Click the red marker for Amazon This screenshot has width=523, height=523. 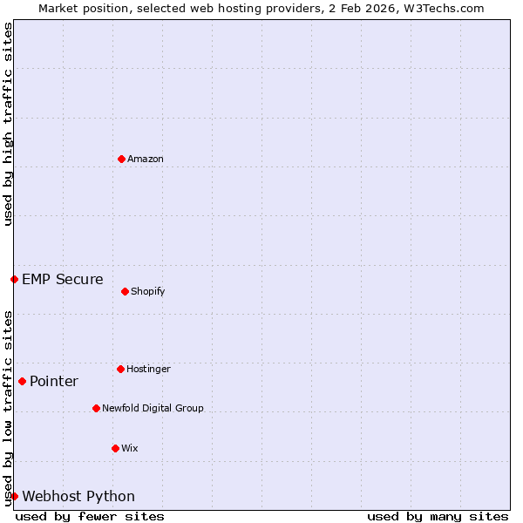pos(121,159)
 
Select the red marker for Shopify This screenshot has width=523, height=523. pos(125,291)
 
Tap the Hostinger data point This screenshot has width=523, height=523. pos(120,369)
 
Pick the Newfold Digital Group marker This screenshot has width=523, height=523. pos(96,408)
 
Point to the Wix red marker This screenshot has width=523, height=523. pos(115,448)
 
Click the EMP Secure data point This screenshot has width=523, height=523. pos(14,279)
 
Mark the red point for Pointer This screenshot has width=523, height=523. pos(22,381)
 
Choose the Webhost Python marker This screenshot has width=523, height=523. pos(14,496)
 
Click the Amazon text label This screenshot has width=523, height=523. pos(146,159)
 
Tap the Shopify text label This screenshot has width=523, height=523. pos(148,291)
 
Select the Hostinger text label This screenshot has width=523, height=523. pos(148,369)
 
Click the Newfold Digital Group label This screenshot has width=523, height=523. pos(153,408)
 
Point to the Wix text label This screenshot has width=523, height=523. pos(130,448)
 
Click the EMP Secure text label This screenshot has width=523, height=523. pos(63,279)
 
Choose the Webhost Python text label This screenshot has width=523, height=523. pos(78,496)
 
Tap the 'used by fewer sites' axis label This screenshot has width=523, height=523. pos(90,516)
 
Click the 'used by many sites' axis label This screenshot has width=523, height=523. pos(438,516)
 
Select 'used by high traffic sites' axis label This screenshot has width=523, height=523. pos(8,124)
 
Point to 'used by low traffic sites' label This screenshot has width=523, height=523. pos(8,407)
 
